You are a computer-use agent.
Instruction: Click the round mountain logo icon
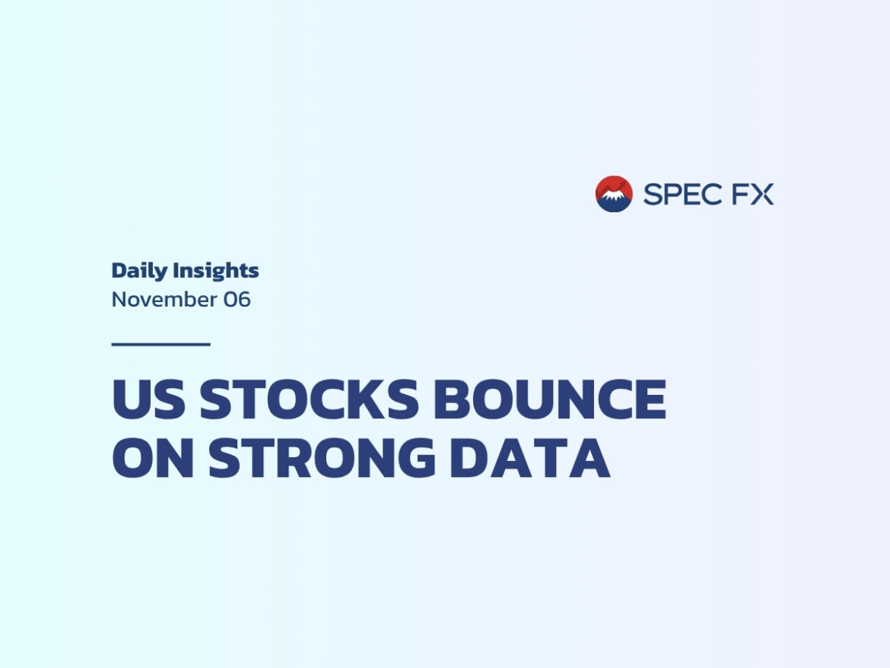pyautogui.click(x=614, y=194)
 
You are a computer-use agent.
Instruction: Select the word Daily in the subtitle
pyautogui.click(x=140, y=272)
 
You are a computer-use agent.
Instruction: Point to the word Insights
pyautogui.click(x=216, y=272)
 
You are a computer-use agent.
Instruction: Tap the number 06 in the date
pyautogui.click(x=237, y=300)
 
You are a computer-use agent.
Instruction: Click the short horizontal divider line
pyautogui.click(x=161, y=344)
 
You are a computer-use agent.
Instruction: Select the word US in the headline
pyautogui.click(x=148, y=399)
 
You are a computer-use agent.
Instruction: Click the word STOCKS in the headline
pyautogui.click(x=310, y=399)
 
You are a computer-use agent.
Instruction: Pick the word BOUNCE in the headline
pyautogui.click(x=550, y=399)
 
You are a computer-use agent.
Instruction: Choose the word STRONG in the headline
pyautogui.click(x=322, y=457)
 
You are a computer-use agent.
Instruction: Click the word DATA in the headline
pyautogui.click(x=530, y=457)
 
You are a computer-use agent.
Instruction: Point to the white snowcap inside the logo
pyautogui.click(x=613, y=196)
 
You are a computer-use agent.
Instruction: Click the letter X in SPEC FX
pyautogui.click(x=762, y=194)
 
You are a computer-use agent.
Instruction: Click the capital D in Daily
pyautogui.click(x=119, y=271)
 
